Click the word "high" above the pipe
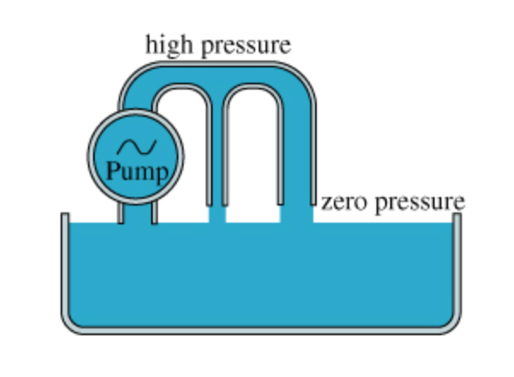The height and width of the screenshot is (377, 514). [x=170, y=43]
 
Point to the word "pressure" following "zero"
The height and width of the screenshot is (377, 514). [x=420, y=203]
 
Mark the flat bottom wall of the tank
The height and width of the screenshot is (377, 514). [x=260, y=333]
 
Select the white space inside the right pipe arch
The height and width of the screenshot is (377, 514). [x=254, y=145]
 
